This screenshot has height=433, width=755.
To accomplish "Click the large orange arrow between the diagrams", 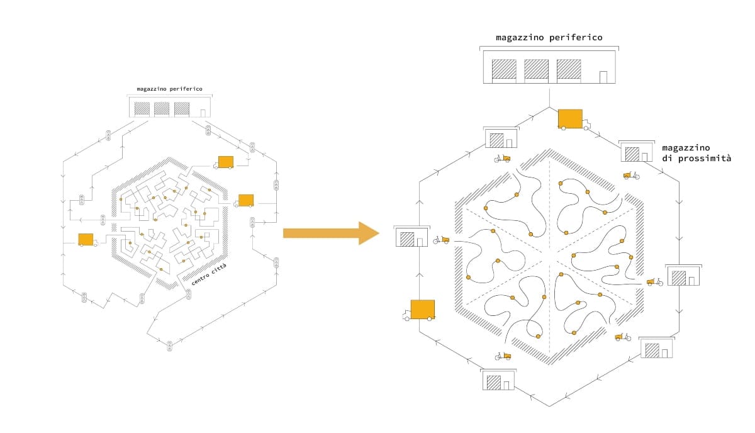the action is [331, 233].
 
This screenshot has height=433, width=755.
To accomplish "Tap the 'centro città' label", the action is [209, 275].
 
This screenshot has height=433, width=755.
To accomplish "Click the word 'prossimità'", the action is [705, 159].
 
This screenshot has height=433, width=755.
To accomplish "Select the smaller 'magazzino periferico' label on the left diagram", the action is [169, 89].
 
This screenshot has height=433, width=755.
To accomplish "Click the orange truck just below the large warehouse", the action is [574, 120].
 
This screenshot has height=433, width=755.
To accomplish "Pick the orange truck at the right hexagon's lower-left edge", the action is [419, 310].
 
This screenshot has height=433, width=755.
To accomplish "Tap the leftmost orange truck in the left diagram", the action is [87, 240].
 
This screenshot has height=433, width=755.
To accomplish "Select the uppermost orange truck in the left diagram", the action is [223, 162].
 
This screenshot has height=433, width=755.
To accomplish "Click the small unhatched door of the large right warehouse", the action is [603, 77].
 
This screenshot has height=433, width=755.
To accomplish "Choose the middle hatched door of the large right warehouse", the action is [536, 69].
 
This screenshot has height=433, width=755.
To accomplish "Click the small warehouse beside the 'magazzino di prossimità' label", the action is [637, 151].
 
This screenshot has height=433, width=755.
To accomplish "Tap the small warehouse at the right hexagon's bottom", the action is [498, 380].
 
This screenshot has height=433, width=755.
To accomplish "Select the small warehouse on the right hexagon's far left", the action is [412, 236].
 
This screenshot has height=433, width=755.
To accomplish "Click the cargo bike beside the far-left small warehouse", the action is [441, 240].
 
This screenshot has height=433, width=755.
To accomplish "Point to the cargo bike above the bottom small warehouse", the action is [503, 356].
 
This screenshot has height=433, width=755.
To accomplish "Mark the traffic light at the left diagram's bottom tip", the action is [169, 346].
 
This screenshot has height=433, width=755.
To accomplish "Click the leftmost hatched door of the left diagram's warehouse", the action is [142, 109].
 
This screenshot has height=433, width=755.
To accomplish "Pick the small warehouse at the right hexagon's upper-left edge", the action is [501, 138].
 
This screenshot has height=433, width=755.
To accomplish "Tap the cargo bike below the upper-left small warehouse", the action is [502, 158].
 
